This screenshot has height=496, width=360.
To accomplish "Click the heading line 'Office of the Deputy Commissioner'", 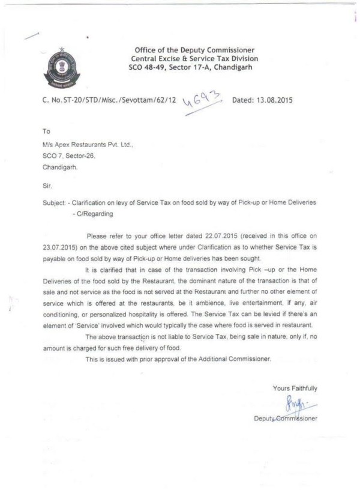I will tap(194, 50).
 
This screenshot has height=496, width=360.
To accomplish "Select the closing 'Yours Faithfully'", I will tap(295, 389).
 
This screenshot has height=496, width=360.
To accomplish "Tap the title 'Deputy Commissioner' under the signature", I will tap(286, 418).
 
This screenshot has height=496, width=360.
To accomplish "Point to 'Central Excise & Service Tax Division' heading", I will tap(194, 59).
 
